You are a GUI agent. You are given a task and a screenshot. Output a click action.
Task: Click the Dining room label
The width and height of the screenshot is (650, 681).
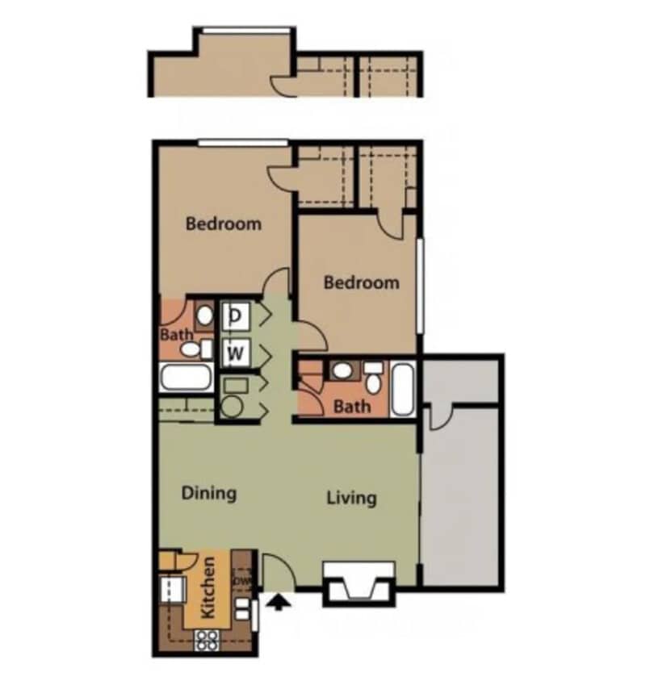(x=208, y=492)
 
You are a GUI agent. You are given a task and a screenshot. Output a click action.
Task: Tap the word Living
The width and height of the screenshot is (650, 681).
(x=351, y=497)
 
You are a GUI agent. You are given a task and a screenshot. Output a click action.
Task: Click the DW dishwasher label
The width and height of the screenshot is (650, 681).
(x=242, y=579)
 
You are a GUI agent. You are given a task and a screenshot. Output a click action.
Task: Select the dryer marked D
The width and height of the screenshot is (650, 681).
(x=235, y=315)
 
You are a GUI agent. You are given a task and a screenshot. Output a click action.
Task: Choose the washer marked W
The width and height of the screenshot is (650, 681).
(x=235, y=352)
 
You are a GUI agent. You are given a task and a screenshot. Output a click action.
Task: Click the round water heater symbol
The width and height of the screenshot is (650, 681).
(x=232, y=406)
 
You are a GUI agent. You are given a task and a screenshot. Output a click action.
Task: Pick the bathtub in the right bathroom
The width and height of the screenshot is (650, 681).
(x=404, y=389)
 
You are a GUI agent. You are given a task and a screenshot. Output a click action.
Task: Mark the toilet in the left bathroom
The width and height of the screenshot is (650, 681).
(x=191, y=349)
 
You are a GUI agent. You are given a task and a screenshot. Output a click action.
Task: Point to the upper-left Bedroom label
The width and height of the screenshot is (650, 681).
(x=224, y=223)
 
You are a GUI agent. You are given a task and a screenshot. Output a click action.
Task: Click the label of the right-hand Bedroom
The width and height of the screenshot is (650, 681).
(x=361, y=282)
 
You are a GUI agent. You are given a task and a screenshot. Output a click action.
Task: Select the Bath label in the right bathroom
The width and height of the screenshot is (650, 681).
(x=352, y=406)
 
